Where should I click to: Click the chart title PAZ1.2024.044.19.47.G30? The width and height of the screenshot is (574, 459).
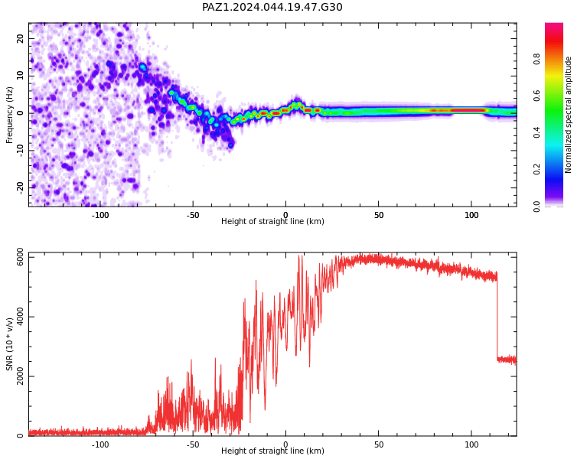[x=272, y=8]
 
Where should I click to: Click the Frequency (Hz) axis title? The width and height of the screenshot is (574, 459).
[x=9, y=115]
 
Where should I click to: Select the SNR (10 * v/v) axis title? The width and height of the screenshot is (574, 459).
[x=9, y=344]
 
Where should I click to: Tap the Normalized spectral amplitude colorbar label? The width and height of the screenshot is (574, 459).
[x=568, y=115]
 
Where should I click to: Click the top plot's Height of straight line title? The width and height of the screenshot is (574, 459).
[x=272, y=221]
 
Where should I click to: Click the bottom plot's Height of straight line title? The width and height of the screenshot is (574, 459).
[x=272, y=451]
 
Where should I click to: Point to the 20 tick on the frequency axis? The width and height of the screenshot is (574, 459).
[x=21, y=38]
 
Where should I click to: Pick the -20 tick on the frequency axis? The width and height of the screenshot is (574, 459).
[x=21, y=187]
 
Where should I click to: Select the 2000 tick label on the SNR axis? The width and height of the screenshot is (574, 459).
[x=21, y=376]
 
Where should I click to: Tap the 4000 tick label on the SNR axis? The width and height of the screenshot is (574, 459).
[x=21, y=317]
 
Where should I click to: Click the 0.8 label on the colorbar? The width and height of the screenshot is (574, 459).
[x=536, y=59]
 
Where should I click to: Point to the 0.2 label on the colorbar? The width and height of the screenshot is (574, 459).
[x=536, y=169]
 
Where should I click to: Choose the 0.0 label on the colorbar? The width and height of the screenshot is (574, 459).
[x=536, y=207]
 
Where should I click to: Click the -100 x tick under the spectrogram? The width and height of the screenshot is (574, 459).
[x=100, y=215]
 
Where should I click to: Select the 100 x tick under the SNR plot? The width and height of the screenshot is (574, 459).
[x=471, y=444]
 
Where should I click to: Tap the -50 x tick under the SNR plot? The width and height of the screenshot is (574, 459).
[x=193, y=444]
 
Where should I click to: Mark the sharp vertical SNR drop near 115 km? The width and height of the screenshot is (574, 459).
[x=497, y=317]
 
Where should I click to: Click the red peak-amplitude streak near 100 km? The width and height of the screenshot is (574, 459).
[x=468, y=110]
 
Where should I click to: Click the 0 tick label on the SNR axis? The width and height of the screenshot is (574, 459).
[x=21, y=436]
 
